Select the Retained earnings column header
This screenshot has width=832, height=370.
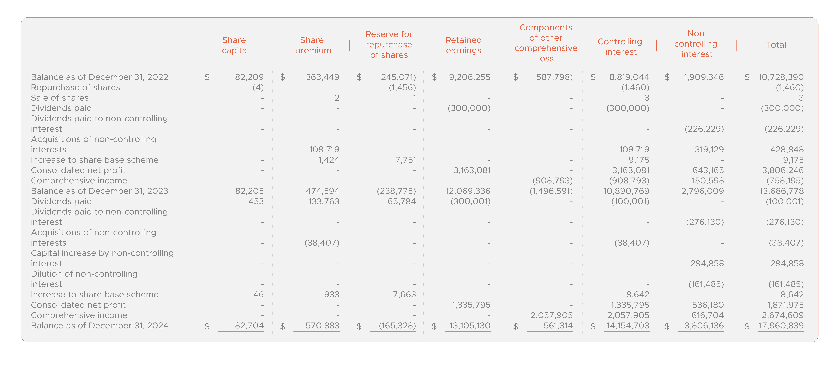coord(463,45)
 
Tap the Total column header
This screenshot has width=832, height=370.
coord(776,45)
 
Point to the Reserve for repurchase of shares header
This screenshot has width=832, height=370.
coord(389,45)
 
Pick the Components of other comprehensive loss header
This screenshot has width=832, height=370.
coord(546,43)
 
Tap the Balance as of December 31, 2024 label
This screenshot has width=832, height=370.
coord(99,326)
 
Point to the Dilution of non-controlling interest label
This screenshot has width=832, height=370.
coord(84,279)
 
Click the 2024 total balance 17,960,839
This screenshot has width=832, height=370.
coord(781,326)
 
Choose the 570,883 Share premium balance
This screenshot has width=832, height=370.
coord(322,326)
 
